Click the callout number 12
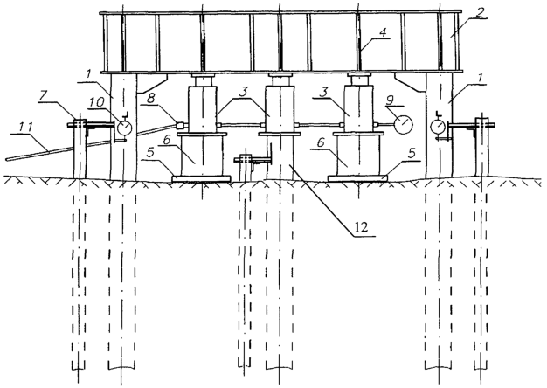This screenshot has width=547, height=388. pyautogui.click(x=362, y=227)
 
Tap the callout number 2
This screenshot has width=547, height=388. pyautogui.click(x=481, y=13)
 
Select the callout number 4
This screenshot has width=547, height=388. pyautogui.click(x=383, y=33)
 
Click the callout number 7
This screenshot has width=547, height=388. pyautogui.click(x=44, y=96)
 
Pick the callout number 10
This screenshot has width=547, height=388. pyautogui.click(x=97, y=101)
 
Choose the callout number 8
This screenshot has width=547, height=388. pyautogui.click(x=150, y=98)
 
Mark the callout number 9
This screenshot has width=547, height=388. pyautogui.click(x=390, y=100)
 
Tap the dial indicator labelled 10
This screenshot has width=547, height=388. pyautogui.click(x=124, y=128)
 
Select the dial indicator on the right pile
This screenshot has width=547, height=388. pyautogui.click(x=438, y=127)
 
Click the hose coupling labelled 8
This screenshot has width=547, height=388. pyautogui.click(x=181, y=125)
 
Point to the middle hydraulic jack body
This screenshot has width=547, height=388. pyautogui.click(x=279, y=110)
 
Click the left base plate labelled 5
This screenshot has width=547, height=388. pyautogui.click(x=201, y=178)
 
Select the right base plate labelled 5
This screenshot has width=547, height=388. pyautogui.click(x=358, y=178)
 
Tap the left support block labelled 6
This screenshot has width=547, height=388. pyautogui.click(x=202, y=156)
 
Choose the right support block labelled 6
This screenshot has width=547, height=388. pyautogui.click(x=358, y=156)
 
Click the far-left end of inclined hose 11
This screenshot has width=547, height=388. pyautogui.click(x=6, y=159)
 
